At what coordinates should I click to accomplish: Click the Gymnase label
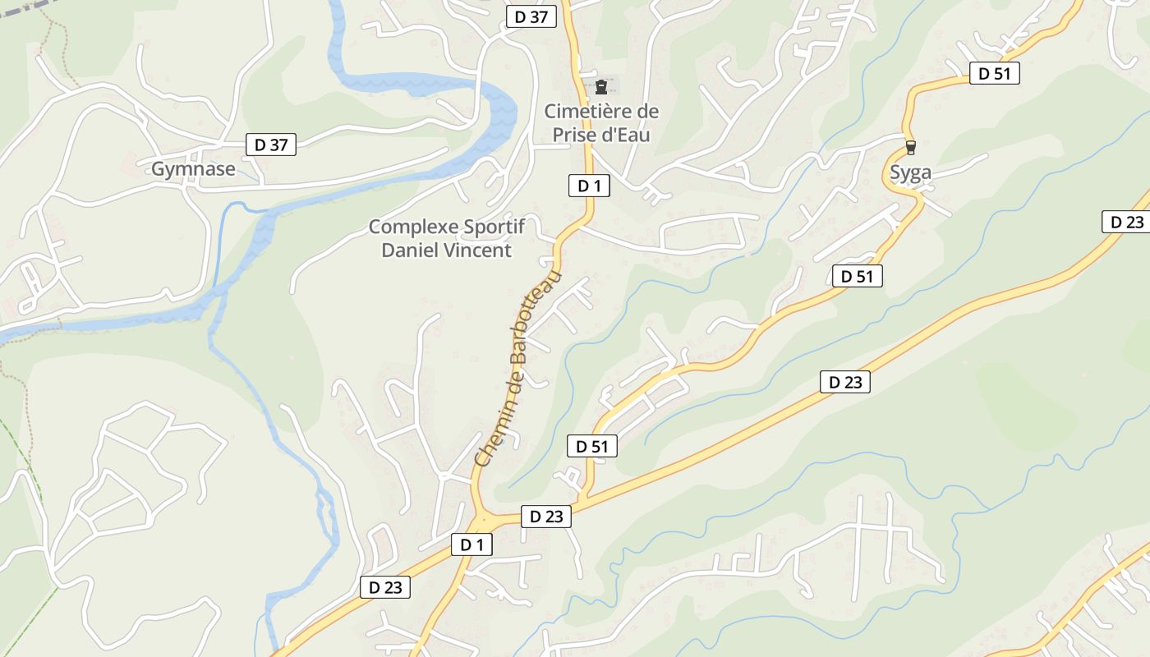193,170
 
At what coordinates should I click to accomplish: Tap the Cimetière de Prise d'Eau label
601,122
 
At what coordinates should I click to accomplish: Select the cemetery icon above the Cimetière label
601,86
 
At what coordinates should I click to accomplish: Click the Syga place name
911,172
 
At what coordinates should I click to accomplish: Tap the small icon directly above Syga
910,148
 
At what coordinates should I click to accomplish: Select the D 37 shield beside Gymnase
271,145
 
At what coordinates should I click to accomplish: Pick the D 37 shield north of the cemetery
531,16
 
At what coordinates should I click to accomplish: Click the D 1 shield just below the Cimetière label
589,186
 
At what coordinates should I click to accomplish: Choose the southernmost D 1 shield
471,544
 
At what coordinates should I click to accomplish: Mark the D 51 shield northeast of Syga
994,73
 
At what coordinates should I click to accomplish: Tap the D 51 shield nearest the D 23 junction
591,446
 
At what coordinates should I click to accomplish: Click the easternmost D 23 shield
1126,222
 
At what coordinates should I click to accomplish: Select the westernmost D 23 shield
384,587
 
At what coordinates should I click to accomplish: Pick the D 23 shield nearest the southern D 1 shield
545,517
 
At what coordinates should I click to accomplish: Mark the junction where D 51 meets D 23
582,500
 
